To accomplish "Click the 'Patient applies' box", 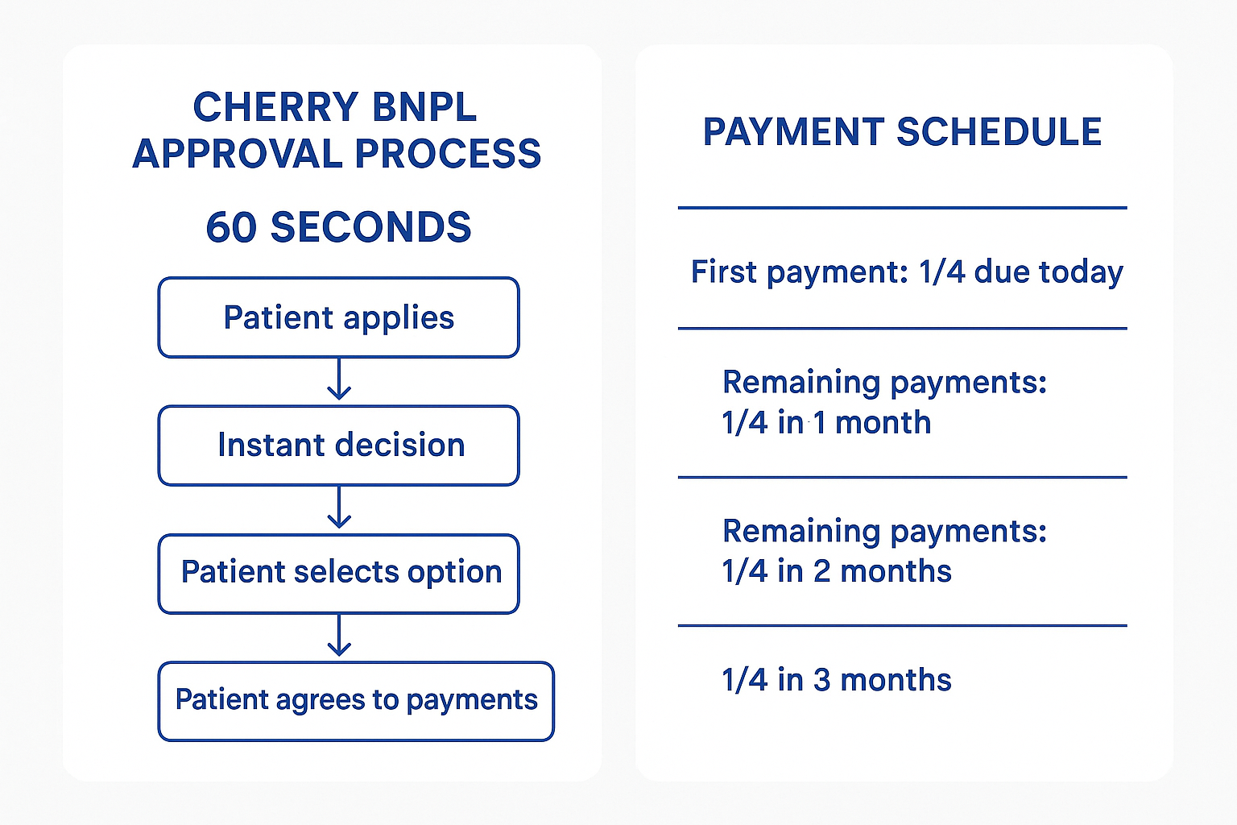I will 338,317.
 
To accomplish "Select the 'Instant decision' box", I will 338,446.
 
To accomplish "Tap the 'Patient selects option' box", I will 338,573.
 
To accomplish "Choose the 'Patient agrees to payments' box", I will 355,701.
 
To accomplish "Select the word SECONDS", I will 370,227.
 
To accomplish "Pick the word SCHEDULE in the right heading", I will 999,132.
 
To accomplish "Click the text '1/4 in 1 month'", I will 826,423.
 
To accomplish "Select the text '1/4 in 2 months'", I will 837,571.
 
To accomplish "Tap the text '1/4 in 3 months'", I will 837,680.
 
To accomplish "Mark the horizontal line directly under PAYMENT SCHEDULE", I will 902,208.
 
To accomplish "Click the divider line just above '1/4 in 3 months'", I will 902,625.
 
